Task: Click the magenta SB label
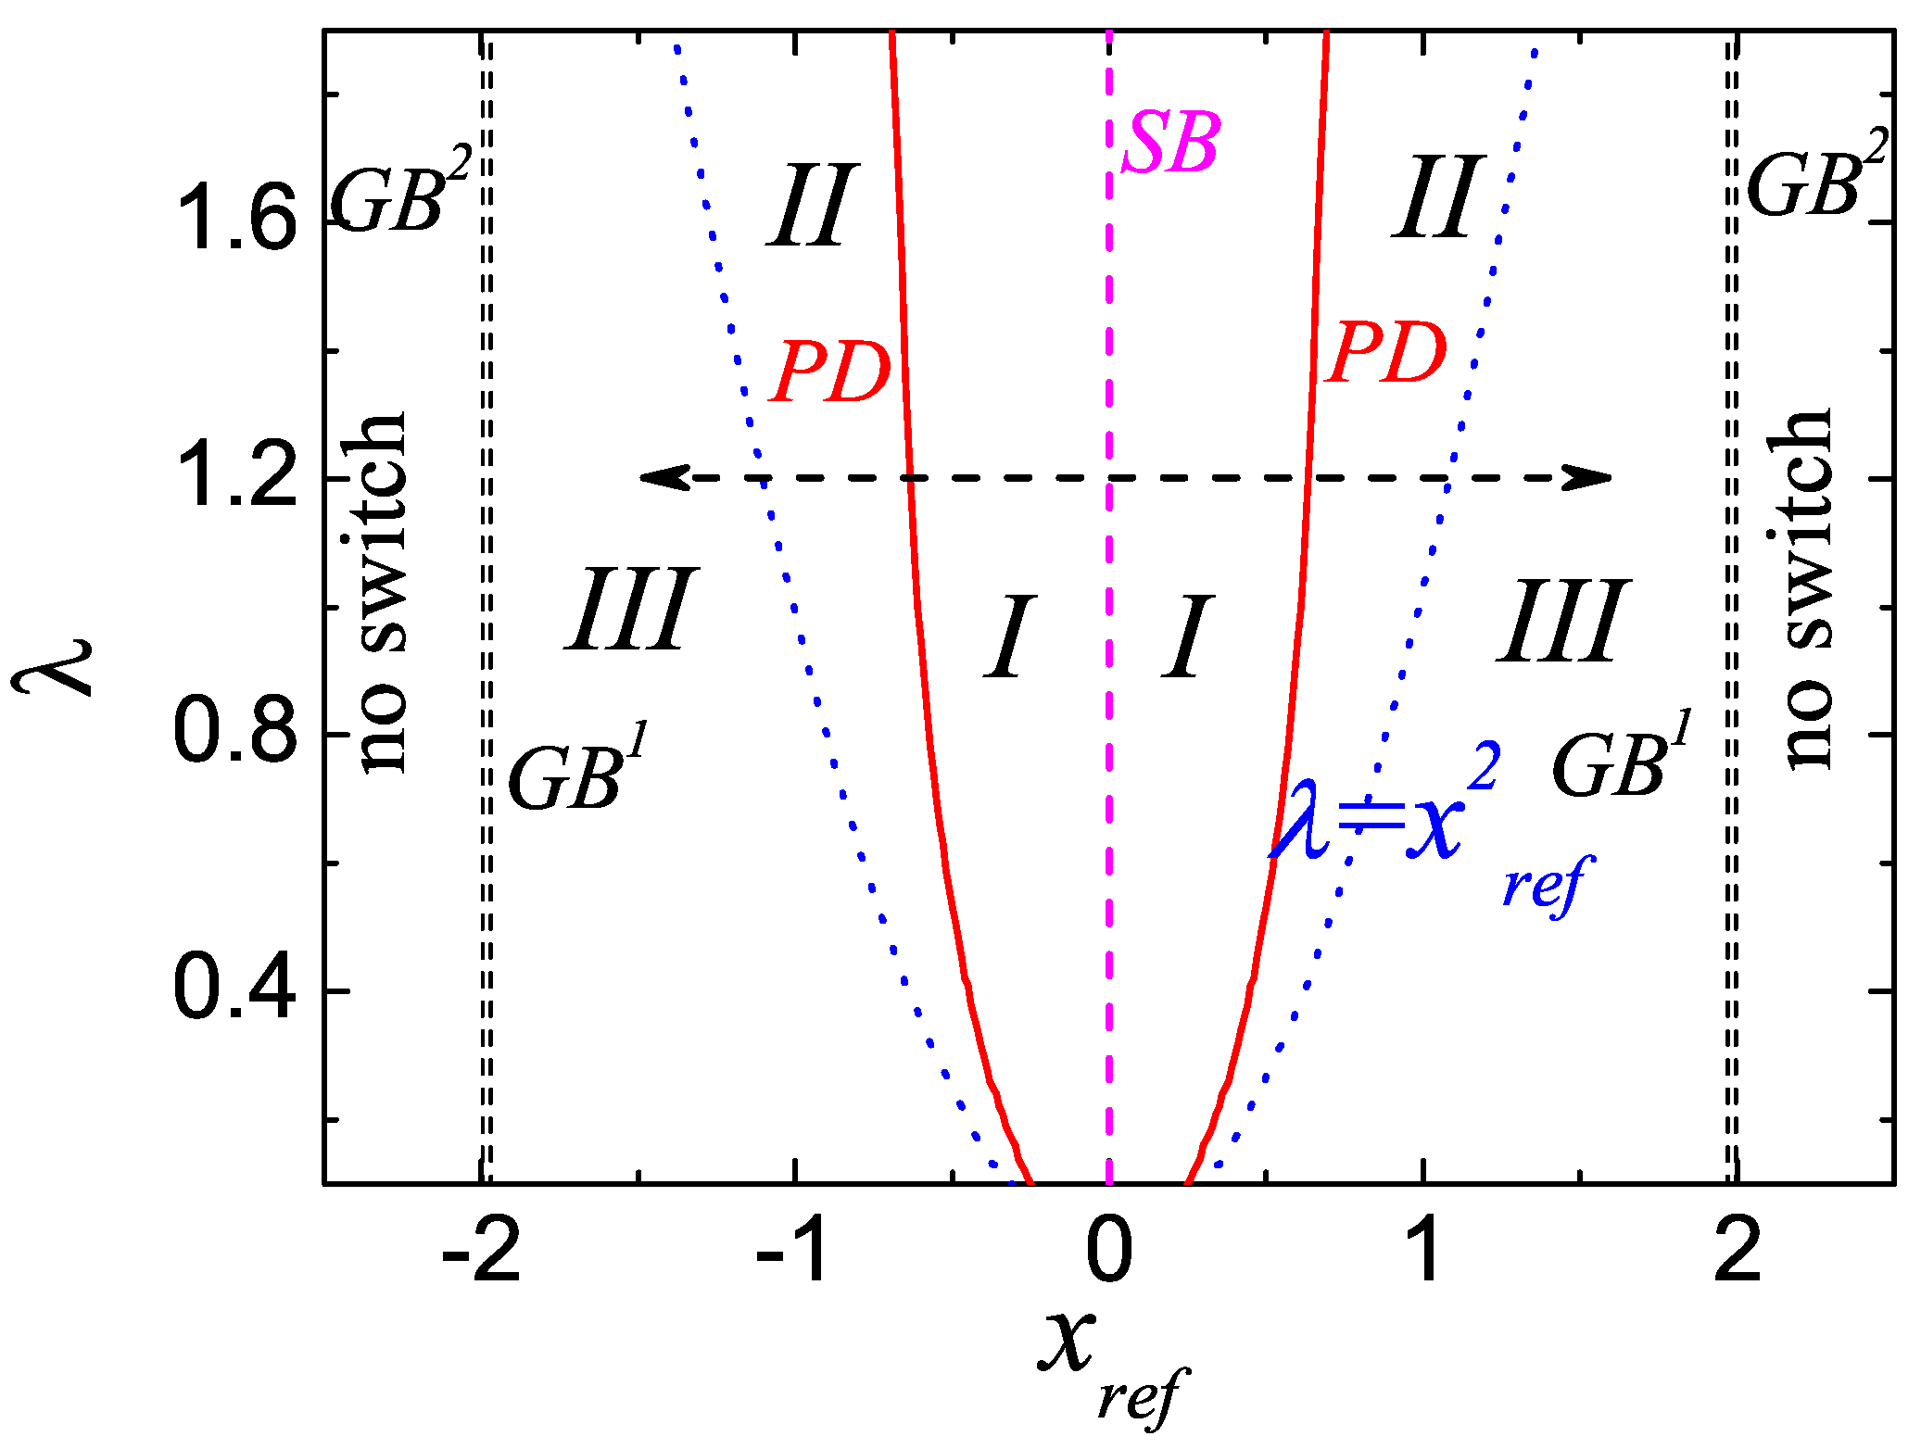pyautogui.click(x=1171, y=143)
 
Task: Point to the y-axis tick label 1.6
pyautogui.click(x=235, y=219)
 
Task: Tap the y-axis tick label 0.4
pyautogui.click(x=235, y=989)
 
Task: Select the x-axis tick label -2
pyautogui.click(x=482, y=1251)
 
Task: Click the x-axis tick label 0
pyautogui.click(x=1109, y=1251)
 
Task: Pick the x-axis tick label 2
pyautogui.click(x=1738, y=1251)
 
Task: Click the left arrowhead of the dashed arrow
pyautogui.click(x=660, y=478)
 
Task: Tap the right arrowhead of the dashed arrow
pyautogui.click(x=1592, y=478)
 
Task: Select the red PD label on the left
pyautogui.click(x=831, y=372)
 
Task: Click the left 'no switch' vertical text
pyautogui.click(x=383, y=593)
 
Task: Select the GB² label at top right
pyautogui.click(x=1814, y=176)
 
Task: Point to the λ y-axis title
pyautogui.click(x=54, y=665)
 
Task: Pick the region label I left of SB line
pyautogui.click(x=1010, y=637)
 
